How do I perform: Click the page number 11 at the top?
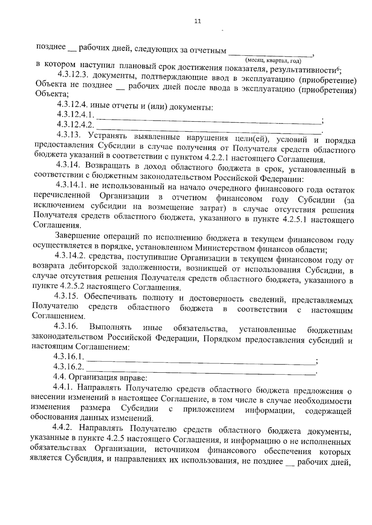pos(197,21)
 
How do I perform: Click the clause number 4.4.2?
pos(63,428)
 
